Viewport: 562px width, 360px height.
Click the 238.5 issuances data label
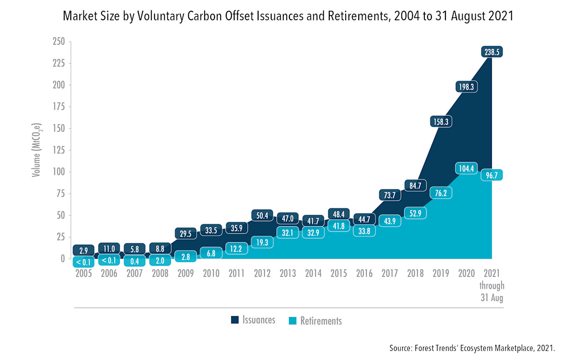[x=491, y=52]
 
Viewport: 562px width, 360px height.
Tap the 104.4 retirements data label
[x=466, y=168]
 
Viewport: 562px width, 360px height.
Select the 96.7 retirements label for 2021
[x=491, y=175]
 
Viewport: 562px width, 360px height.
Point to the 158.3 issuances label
[x=440, y=121]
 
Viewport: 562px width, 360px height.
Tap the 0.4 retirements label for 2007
[x=135, y=260]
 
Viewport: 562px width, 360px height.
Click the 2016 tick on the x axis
[x=364, y=273]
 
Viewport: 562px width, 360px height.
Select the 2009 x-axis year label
[x=186, y=273]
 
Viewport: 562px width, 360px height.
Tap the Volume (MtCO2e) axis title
[x=36, y=150]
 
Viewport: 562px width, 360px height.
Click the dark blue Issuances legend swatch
[x=235, y=320]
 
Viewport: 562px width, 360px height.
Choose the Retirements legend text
[x=321, y=321]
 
